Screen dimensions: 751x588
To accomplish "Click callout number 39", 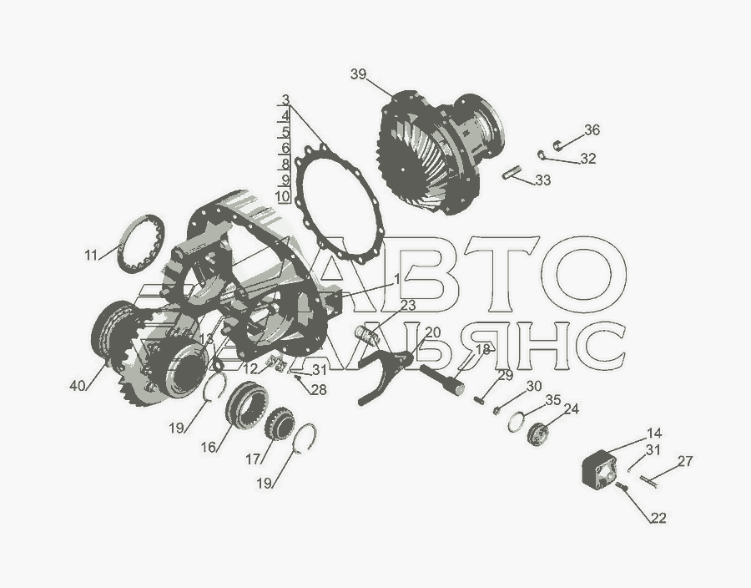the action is [x=358, y=74].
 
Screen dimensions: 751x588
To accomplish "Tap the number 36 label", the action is [x=592, y=129].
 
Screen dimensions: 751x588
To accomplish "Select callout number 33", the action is [x=542, y=180].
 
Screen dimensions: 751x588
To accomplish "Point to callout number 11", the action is [x=91, y=255].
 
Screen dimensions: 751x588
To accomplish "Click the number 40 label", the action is [x=78, y=385].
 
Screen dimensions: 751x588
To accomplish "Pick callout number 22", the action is [x=658, y=518].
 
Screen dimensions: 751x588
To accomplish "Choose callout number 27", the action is [x=685, y=461].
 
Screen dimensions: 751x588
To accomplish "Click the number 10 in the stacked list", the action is [x=283, y=196].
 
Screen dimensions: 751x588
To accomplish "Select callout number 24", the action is [x=571, y=408].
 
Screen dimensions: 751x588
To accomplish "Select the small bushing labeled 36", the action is [x=557, y=144].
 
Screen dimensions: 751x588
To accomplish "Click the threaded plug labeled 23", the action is [x=368, y=334].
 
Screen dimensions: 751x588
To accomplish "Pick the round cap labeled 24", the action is [x=536, y=433].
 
